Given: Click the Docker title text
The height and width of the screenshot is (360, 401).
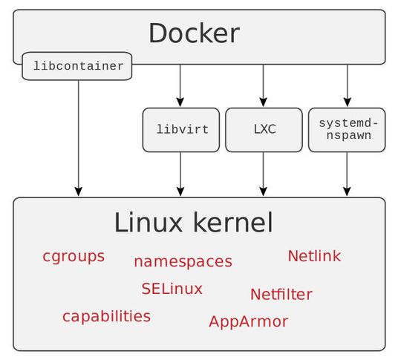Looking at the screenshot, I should (194, 33).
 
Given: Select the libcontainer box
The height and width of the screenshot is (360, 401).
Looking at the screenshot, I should (78, 66).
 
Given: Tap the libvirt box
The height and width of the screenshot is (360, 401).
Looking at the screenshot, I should (180, 129).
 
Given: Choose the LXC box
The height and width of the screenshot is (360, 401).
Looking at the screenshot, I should (264, 129).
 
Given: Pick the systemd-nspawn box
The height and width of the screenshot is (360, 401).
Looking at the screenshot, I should (347, 129).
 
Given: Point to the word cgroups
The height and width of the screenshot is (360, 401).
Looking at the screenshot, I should (74, 257).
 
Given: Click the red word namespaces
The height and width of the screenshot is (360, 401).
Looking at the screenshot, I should (183, 261).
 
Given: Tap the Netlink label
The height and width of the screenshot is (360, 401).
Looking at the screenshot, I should (314, 256).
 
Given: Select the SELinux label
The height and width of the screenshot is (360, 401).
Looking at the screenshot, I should (172, 289).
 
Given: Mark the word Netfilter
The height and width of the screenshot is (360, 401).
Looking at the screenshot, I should (281, 295).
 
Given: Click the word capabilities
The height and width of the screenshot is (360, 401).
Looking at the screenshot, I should (106, 316).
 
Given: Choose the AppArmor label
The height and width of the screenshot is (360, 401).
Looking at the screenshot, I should (248, 321).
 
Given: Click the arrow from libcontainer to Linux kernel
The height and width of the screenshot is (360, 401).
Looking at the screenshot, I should (79, 137).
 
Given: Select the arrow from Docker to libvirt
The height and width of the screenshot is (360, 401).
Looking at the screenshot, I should (180, 85).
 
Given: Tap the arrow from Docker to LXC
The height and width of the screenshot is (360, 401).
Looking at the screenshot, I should (264, 85).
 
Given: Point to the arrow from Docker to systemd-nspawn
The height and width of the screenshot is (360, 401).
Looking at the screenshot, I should (347, 85).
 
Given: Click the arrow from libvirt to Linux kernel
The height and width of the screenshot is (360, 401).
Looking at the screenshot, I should (180, 174).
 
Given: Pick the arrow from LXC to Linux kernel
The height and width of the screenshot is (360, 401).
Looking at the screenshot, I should (264, 174).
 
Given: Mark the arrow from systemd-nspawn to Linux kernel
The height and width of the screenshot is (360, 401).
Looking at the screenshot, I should (347, 174).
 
